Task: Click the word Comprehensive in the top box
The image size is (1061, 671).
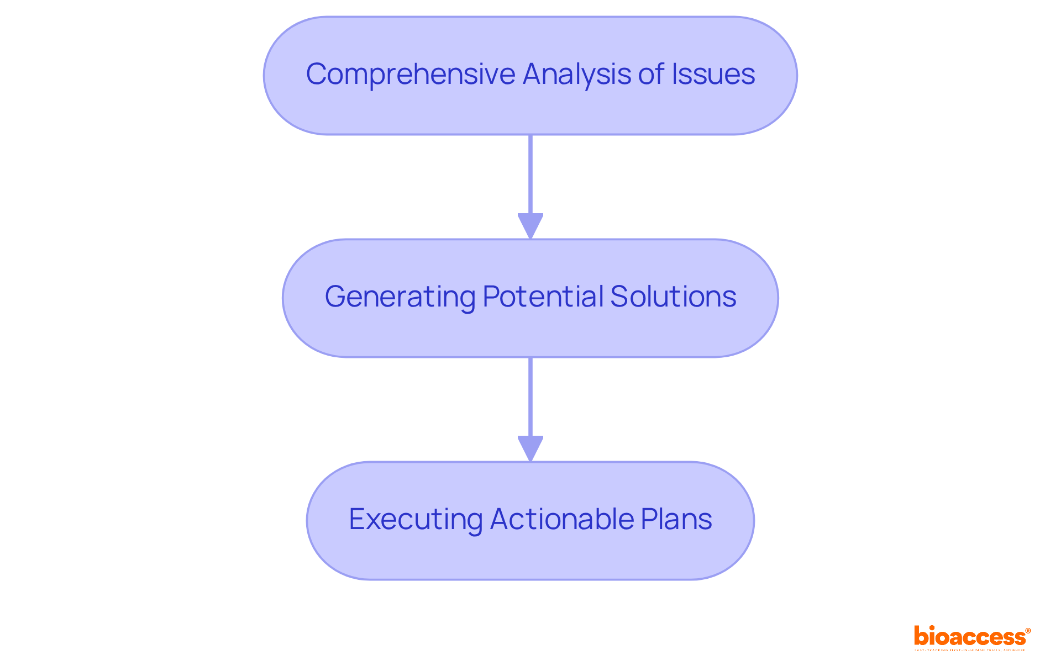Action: click(410, 75)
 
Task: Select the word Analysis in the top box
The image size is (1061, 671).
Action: click(576, 75)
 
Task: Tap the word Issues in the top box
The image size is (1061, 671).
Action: click(713, 75)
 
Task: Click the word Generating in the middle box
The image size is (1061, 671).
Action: click(400, 297)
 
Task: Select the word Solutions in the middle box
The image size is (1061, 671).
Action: click(673, 297)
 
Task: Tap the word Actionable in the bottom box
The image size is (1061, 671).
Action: click(561, 520)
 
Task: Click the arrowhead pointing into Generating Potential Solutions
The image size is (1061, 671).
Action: click(530, 226)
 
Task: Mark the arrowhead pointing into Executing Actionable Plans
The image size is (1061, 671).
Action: click(530, 448)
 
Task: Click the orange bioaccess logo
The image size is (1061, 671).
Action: click(969, 637)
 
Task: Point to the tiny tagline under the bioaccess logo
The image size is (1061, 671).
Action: click(970, 651)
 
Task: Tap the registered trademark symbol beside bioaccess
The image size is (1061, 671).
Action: click(1028, 631)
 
